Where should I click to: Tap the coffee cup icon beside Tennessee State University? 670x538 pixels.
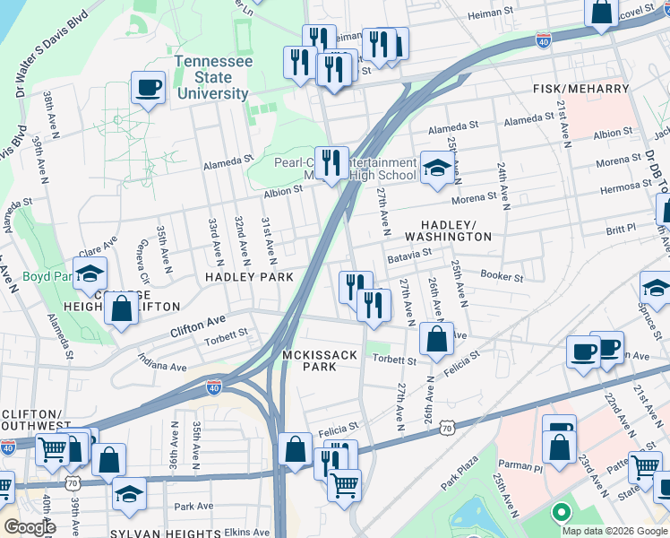[x=149, y=88]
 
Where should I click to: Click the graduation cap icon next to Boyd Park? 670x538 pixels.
[x=90, y=274]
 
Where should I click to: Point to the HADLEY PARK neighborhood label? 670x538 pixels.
[x=250, y=278]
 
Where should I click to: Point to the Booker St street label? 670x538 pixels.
[x=502, y=276]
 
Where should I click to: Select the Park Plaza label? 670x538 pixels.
[x=460, y=474]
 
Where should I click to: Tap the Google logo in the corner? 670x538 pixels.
[x=30, y=527]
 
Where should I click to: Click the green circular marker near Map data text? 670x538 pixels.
[x=561, y=514]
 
